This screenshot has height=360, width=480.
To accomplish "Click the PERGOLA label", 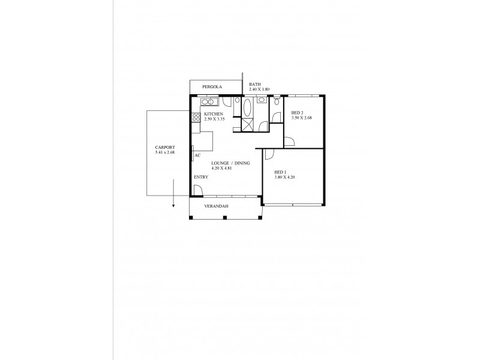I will click(x=212, y=87).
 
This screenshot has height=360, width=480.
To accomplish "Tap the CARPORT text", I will click(x=165, y=147).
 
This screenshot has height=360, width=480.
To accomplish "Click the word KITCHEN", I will click(x=214, y=114).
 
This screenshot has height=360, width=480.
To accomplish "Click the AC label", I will click(x=197, y=155).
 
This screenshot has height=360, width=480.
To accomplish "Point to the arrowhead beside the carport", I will click(x=173, y=206).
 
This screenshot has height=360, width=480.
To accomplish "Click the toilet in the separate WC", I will click(x=276, y=101).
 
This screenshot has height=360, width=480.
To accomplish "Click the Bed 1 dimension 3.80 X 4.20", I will click(x=285, y=178).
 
